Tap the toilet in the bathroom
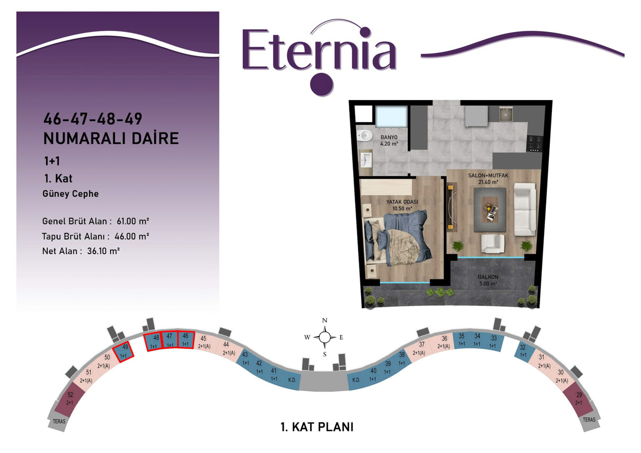click(x=364, y=135)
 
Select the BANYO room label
click(x=389, y=137)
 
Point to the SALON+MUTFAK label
click(x=488, y=175)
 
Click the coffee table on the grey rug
click(x=489, y=209)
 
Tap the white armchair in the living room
click(x=492, y=243)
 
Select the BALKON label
click(x=488, y=277)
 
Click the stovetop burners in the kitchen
click(x=535, y=144)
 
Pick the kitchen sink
click(x=506, y=114)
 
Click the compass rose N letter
click(x=325, y=320)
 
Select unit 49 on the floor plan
click(x=123, y=351)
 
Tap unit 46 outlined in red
click(x=186, y=339)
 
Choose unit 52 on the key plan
click(x=70, y=399)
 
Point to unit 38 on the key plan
click(x=401, y=359)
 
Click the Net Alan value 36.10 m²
click(x=103, y=251)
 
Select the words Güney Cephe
click(x=70, y=193)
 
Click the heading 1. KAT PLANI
click(x=317, y=427)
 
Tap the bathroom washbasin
click(x=366, y=160)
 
